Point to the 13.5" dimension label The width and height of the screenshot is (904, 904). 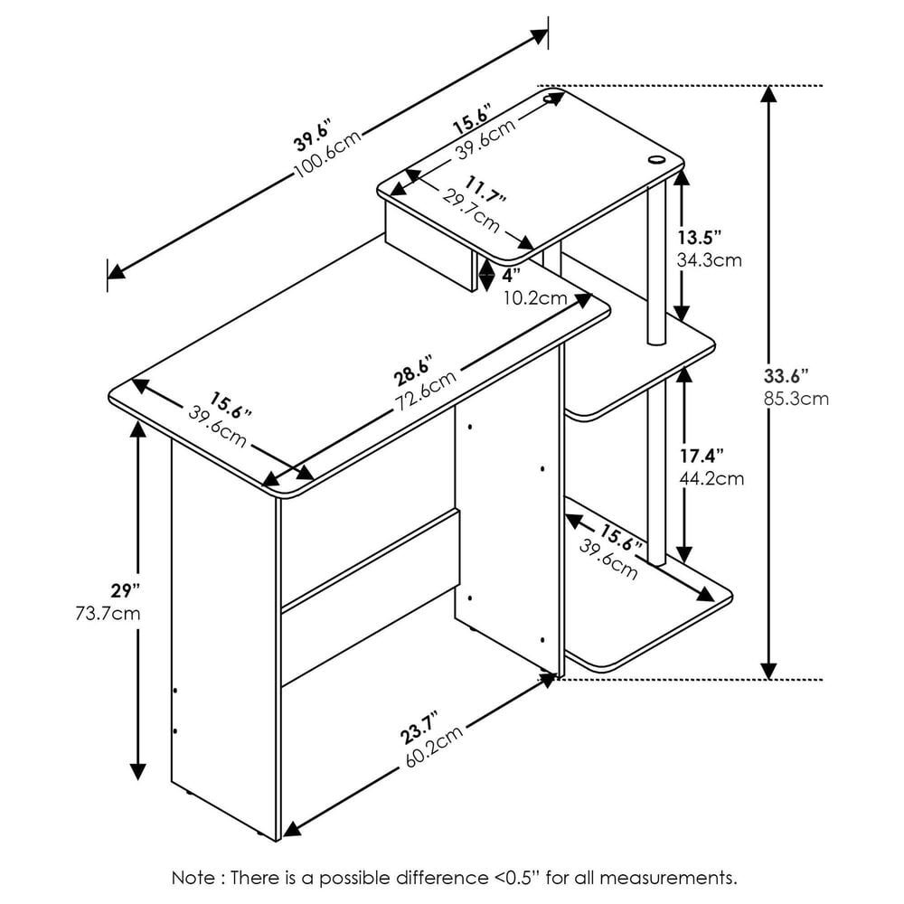[x=699, y=239]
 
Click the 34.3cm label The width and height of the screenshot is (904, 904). [x=709, y=260]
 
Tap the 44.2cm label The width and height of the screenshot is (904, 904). [x=711, y=478]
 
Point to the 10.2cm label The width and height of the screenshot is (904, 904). [x=534, y=297]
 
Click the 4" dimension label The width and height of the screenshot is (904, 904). [x=512, y=274]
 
